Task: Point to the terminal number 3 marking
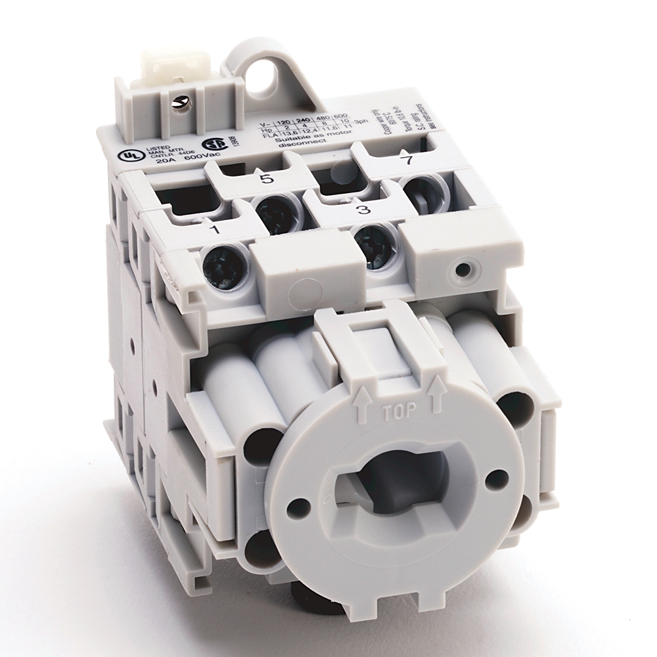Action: (x=363, y=210)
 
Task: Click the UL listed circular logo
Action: (x=123, y=156)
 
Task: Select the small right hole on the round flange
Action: (x=498, y=475)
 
